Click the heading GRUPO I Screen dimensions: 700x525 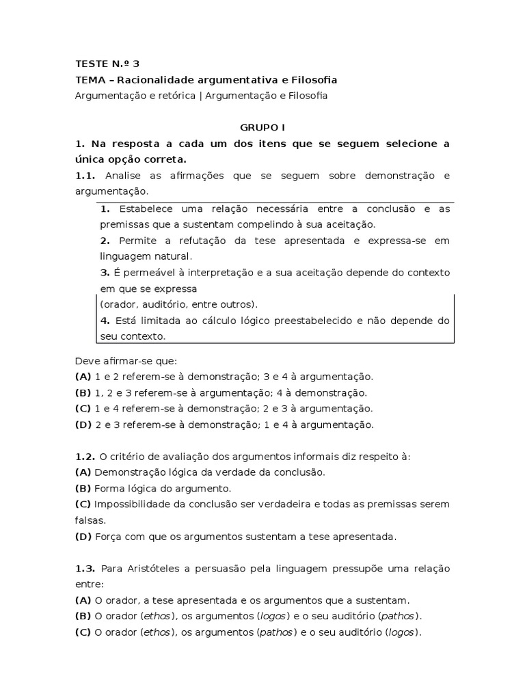click(262, 128)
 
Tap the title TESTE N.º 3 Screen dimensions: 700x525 click(102, 64)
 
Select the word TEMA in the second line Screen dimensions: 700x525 click(89, 80)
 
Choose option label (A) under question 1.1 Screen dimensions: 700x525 click(83, 377)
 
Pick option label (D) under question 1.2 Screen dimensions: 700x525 click(83, 537)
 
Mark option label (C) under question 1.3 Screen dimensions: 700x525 click(83, 632)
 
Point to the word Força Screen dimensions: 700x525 click(108, 537)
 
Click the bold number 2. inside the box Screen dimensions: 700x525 click(105, 241)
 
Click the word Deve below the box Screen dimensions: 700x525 click(87, 360)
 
